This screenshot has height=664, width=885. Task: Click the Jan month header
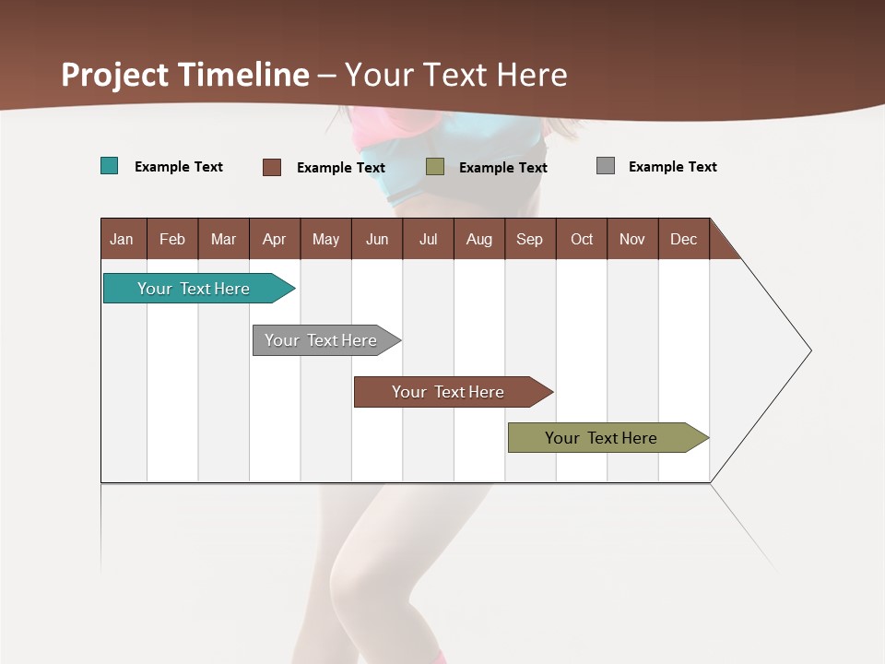pos(123,239)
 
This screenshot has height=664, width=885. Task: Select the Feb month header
pos(172,239)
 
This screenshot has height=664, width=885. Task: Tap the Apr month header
pos(275,239)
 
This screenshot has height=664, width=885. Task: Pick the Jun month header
pos(377,239)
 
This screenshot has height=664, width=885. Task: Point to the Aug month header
pos(479,239)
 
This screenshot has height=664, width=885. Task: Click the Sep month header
pos(530,239)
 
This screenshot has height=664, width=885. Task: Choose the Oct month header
pos(582,239)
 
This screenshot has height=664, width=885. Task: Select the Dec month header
pos(684,239)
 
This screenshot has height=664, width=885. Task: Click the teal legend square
pos(110,166)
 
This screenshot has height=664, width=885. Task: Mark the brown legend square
pos(272,167)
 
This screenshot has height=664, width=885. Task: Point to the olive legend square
pos(435,167)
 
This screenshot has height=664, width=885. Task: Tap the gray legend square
pos(606,166)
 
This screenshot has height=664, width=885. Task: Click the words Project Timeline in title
pos(185,75)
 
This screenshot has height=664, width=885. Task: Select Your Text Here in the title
pos(456,75)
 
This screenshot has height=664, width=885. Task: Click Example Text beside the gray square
pos(672,167)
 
